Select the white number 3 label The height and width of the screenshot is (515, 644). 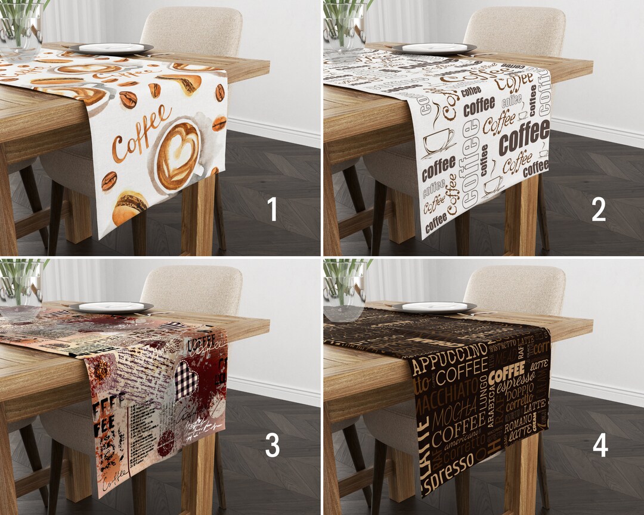[x=272, y=445]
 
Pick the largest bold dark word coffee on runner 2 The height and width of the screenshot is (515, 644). [x=524, y=136]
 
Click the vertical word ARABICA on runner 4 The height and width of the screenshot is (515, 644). [x=491, y=408]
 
